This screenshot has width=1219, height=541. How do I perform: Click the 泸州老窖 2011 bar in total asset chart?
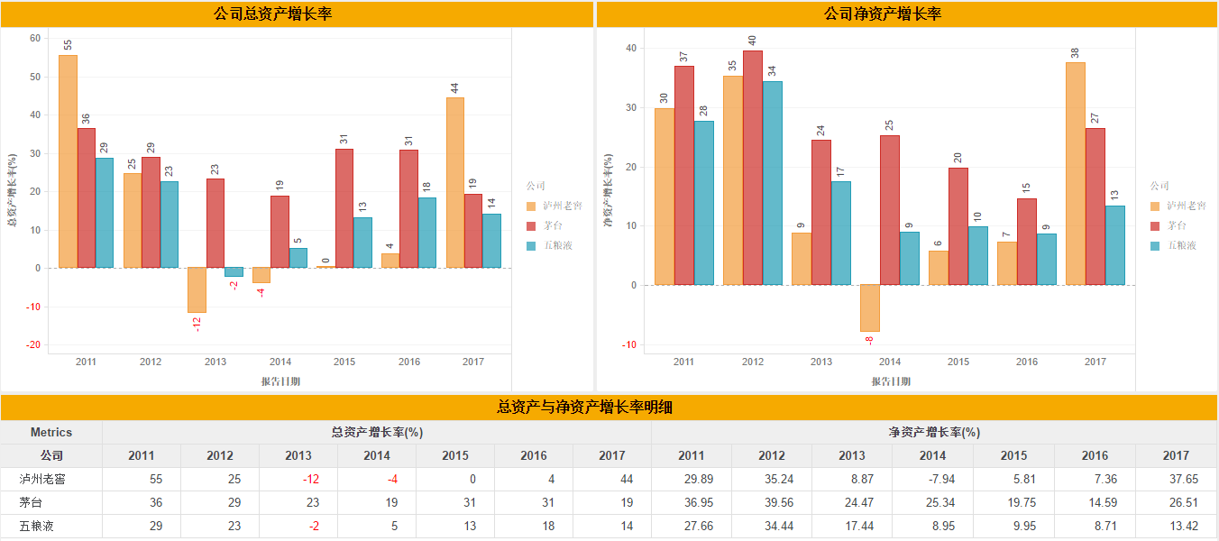(x=68, y=162)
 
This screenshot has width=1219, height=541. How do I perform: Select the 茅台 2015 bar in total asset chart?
(x=344, y=208)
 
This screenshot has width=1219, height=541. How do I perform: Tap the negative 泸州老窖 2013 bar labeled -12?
(x=197, y=290)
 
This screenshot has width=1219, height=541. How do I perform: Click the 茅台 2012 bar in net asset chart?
(x=752, y=168)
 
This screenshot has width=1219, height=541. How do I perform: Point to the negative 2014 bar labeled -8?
(x=869, y=308)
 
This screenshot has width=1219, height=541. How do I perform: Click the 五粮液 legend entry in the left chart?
(x=555, y=245)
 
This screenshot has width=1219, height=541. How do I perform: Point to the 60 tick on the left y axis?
(x=35, y=38)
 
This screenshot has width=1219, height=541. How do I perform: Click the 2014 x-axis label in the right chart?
(x=890, y=362)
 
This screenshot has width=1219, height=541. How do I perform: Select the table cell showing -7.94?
(x=932, y=479)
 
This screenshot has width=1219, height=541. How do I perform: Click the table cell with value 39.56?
(x=771, y=502)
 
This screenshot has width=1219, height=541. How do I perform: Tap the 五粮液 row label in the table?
(x=36, y=526)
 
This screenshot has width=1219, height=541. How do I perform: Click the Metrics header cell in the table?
(x=51, y=432)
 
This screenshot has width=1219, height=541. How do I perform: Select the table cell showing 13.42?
(x=1175, y=526)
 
